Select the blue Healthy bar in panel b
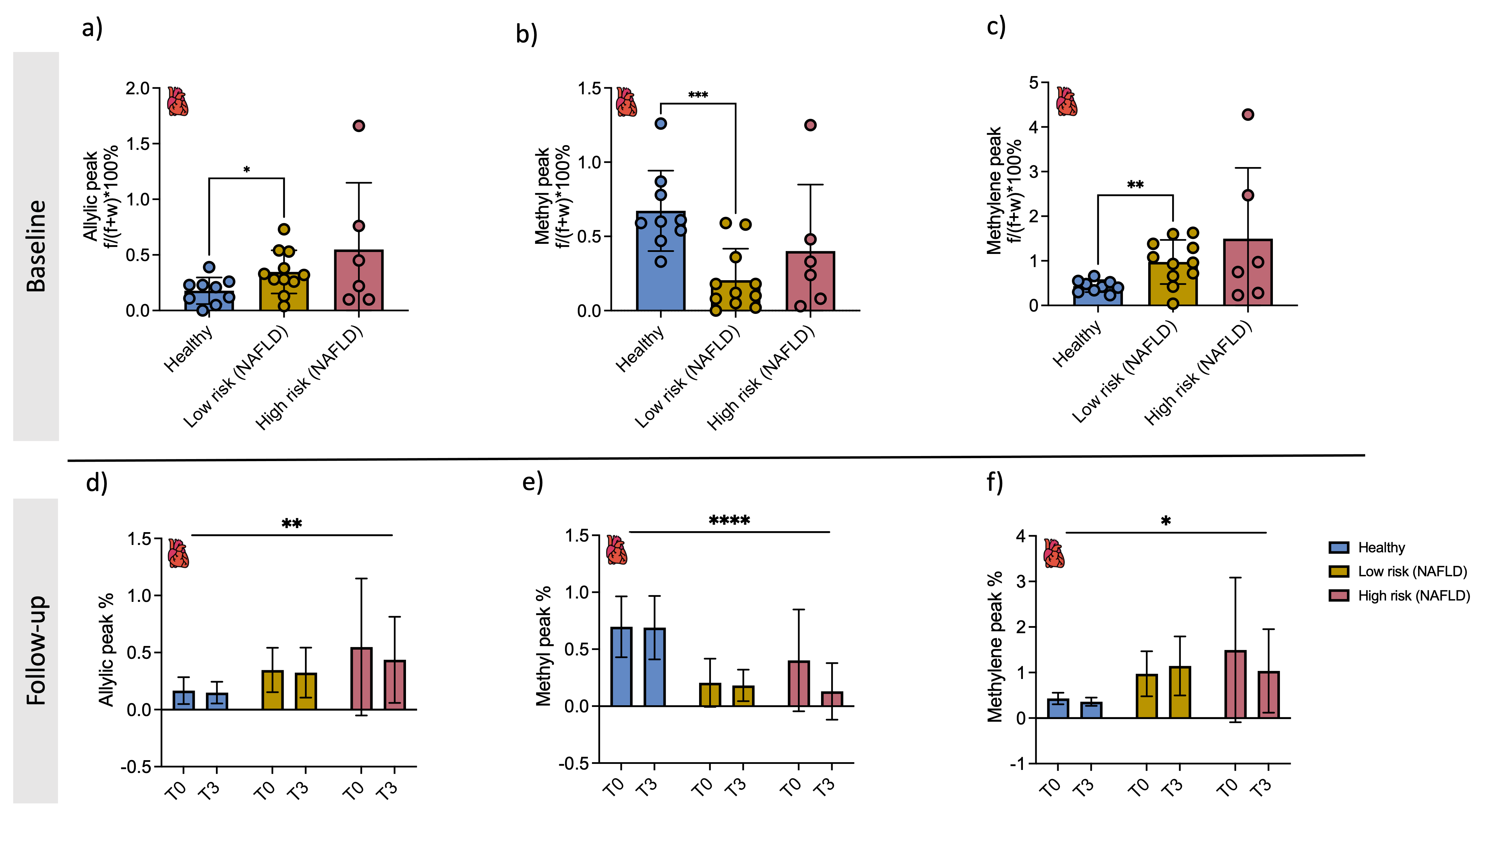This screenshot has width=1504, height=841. point(660,268)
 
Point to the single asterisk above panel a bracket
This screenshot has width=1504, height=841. point(246,170)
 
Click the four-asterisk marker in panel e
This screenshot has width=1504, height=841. point(729,520)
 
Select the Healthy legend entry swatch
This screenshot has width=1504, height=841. point(1338,547)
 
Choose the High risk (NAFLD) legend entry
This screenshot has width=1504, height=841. point(1413,596)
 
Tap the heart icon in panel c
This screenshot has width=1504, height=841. point(1067,102)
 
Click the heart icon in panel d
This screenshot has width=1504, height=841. point(178,553)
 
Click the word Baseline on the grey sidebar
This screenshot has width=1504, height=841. point(36,246)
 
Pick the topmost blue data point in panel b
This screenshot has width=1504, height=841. point(660,123)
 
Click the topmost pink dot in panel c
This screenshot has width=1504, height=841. point(1248,115)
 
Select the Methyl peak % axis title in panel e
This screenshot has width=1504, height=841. point(543,646)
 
